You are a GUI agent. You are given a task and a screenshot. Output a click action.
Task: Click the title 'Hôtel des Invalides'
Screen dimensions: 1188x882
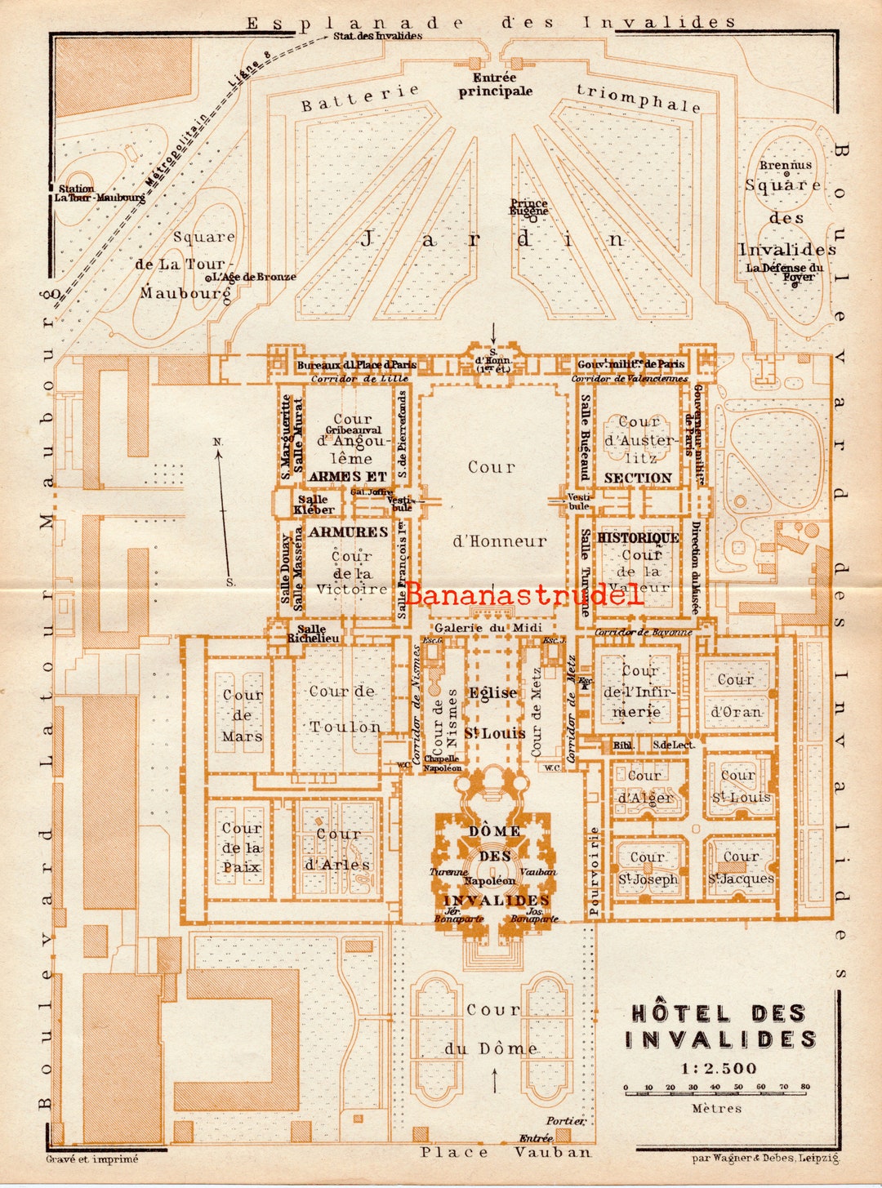coord(721,1026)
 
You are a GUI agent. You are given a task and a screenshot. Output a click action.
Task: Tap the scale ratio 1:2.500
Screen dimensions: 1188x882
coord(719,1068)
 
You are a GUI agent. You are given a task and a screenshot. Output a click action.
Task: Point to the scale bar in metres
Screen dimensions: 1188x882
coord(715,1089)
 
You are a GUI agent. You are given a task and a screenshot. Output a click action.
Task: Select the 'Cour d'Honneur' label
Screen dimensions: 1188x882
coord(492,504)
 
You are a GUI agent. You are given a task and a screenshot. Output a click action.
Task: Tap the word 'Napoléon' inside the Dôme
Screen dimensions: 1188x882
coord(490,881)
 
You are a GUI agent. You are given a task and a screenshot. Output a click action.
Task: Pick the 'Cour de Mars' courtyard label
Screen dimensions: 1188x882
coord(243,715)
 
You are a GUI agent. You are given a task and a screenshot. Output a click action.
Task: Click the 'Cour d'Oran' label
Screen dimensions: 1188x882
coord(736,696)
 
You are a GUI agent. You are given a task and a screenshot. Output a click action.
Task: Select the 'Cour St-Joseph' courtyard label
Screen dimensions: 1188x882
coord(648,868)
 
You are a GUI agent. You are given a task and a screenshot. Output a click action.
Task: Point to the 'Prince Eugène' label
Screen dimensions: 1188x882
coord(529,207)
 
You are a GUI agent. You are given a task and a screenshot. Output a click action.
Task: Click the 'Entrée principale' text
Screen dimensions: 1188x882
coord(495,84)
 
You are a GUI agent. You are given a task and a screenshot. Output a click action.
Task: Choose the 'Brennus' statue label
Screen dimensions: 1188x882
coord(786,165)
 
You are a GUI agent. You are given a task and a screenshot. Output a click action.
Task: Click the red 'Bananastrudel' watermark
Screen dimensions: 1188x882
coord(523,594)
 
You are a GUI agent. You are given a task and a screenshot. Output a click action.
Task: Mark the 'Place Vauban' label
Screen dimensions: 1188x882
coord(506,1152)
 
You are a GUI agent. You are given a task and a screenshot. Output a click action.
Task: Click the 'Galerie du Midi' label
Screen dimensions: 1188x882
coord(488,628)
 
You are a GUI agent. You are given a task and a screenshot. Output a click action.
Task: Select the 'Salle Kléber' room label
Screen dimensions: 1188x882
coord(314,505)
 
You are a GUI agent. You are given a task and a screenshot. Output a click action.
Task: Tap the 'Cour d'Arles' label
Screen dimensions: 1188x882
coord(337,849)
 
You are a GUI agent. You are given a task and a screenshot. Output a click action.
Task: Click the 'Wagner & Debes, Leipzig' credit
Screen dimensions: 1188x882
coord(765,1158)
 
